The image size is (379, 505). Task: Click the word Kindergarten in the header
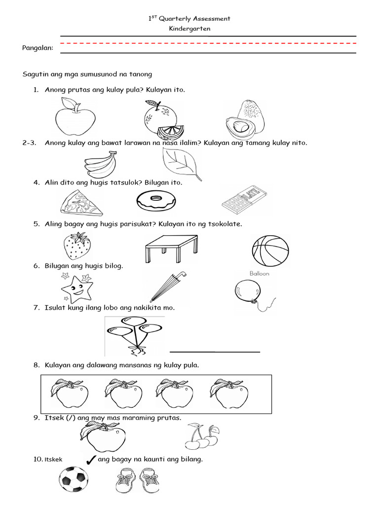[x=189, y=29]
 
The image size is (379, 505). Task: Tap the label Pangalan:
[x=38, y=47]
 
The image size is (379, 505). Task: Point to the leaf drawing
[x=181, y=164]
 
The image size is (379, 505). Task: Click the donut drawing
[x=154, y=201]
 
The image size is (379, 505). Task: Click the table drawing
[x=171, y=249]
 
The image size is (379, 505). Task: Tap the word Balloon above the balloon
[x=259, y=273]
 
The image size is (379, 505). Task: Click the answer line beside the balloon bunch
[x=215, y=352]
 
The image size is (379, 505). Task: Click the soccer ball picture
[x=74, y=480]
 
